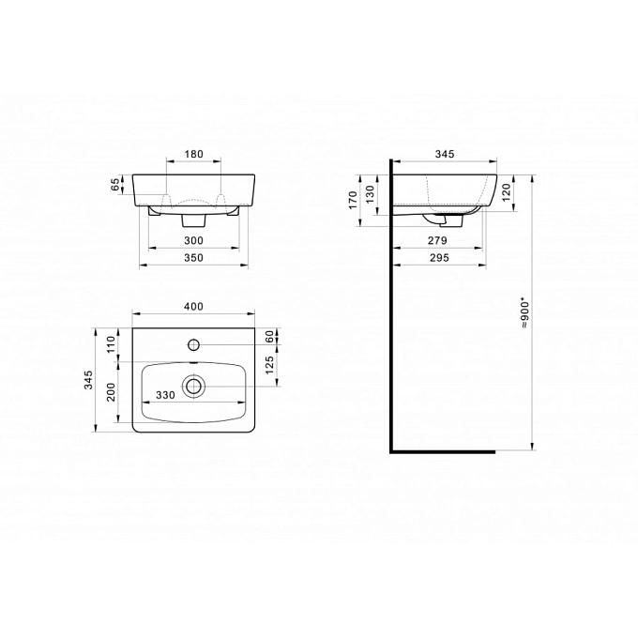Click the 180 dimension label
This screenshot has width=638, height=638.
pos(193,154)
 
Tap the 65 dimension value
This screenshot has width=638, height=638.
pos(116,184)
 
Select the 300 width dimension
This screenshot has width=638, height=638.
pos(193,240)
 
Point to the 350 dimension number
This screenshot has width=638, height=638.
pos(193,258)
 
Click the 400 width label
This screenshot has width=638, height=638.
pos(193,307)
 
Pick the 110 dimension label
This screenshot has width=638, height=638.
pos(111,344)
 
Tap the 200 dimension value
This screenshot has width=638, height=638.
pos(111,392)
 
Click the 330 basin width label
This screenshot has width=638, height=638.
pos(166,395)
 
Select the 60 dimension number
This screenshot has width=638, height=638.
pos(270,337)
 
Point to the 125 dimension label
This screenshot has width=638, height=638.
pos(270,365)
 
